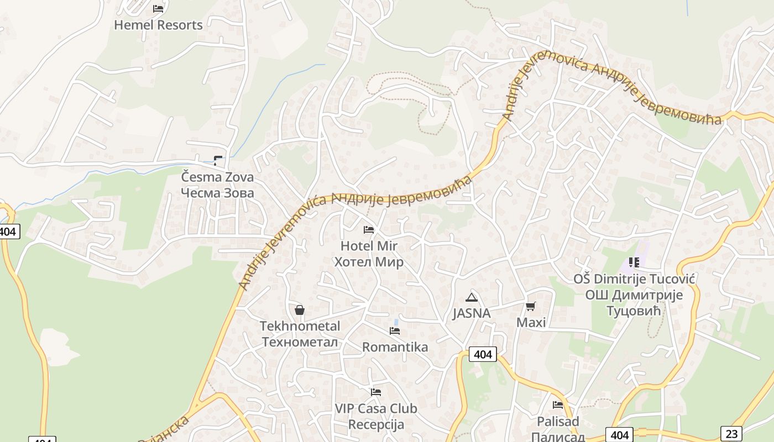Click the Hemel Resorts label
(x=158, y=25)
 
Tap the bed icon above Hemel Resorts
(x=158, y=8)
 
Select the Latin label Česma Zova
(x=218, y=177)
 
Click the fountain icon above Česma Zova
(x=218, y=161)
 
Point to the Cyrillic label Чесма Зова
(x=218, y=193)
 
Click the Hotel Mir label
(x=369, y=246)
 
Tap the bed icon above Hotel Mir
(x=369, y=229)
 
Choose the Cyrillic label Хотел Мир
(x=369, y=262)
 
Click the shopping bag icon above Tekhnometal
(x=300, y=310)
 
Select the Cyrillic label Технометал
(x=300, y=342)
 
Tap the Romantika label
(x=395, y=347)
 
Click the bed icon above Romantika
(x=395, y=331)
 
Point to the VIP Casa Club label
(x=376, y=409)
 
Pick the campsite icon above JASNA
(x=471, y=297)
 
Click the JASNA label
(x=471, y=313)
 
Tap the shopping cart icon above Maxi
(x=531, y=306)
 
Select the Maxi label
(x=531, y=322)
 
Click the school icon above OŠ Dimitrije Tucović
(x=634, y=262)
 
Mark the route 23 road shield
(x=731, y=434)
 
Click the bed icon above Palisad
(x=558, y=405)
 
